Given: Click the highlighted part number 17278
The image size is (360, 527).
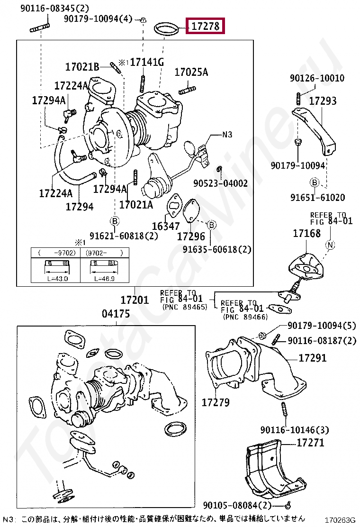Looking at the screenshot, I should click(x=206, y=27).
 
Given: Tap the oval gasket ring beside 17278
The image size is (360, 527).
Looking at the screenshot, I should click(x=168, y=29).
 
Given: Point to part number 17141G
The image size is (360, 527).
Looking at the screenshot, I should click(x=147, y=62).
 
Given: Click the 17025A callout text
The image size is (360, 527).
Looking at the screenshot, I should click(x=191, y=73).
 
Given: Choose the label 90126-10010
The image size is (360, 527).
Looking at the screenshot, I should click(x=317, y=78).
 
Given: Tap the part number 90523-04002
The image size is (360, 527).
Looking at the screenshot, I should click(x=220, y=183).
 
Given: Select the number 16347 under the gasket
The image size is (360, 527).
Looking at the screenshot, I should click(x=166, y=227).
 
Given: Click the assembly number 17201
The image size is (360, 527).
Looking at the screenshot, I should click(x=134, y=300).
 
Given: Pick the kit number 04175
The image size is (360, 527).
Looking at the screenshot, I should click(x=116, y=314).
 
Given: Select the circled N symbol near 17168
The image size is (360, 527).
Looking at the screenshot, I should click(x=331, y=245).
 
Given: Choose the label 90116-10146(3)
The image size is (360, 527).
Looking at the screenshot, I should click(x=294, y=430).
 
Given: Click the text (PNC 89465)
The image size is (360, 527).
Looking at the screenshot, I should click(x=185, y=307).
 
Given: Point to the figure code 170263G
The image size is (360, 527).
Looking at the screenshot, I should click(x=339, y=520).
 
